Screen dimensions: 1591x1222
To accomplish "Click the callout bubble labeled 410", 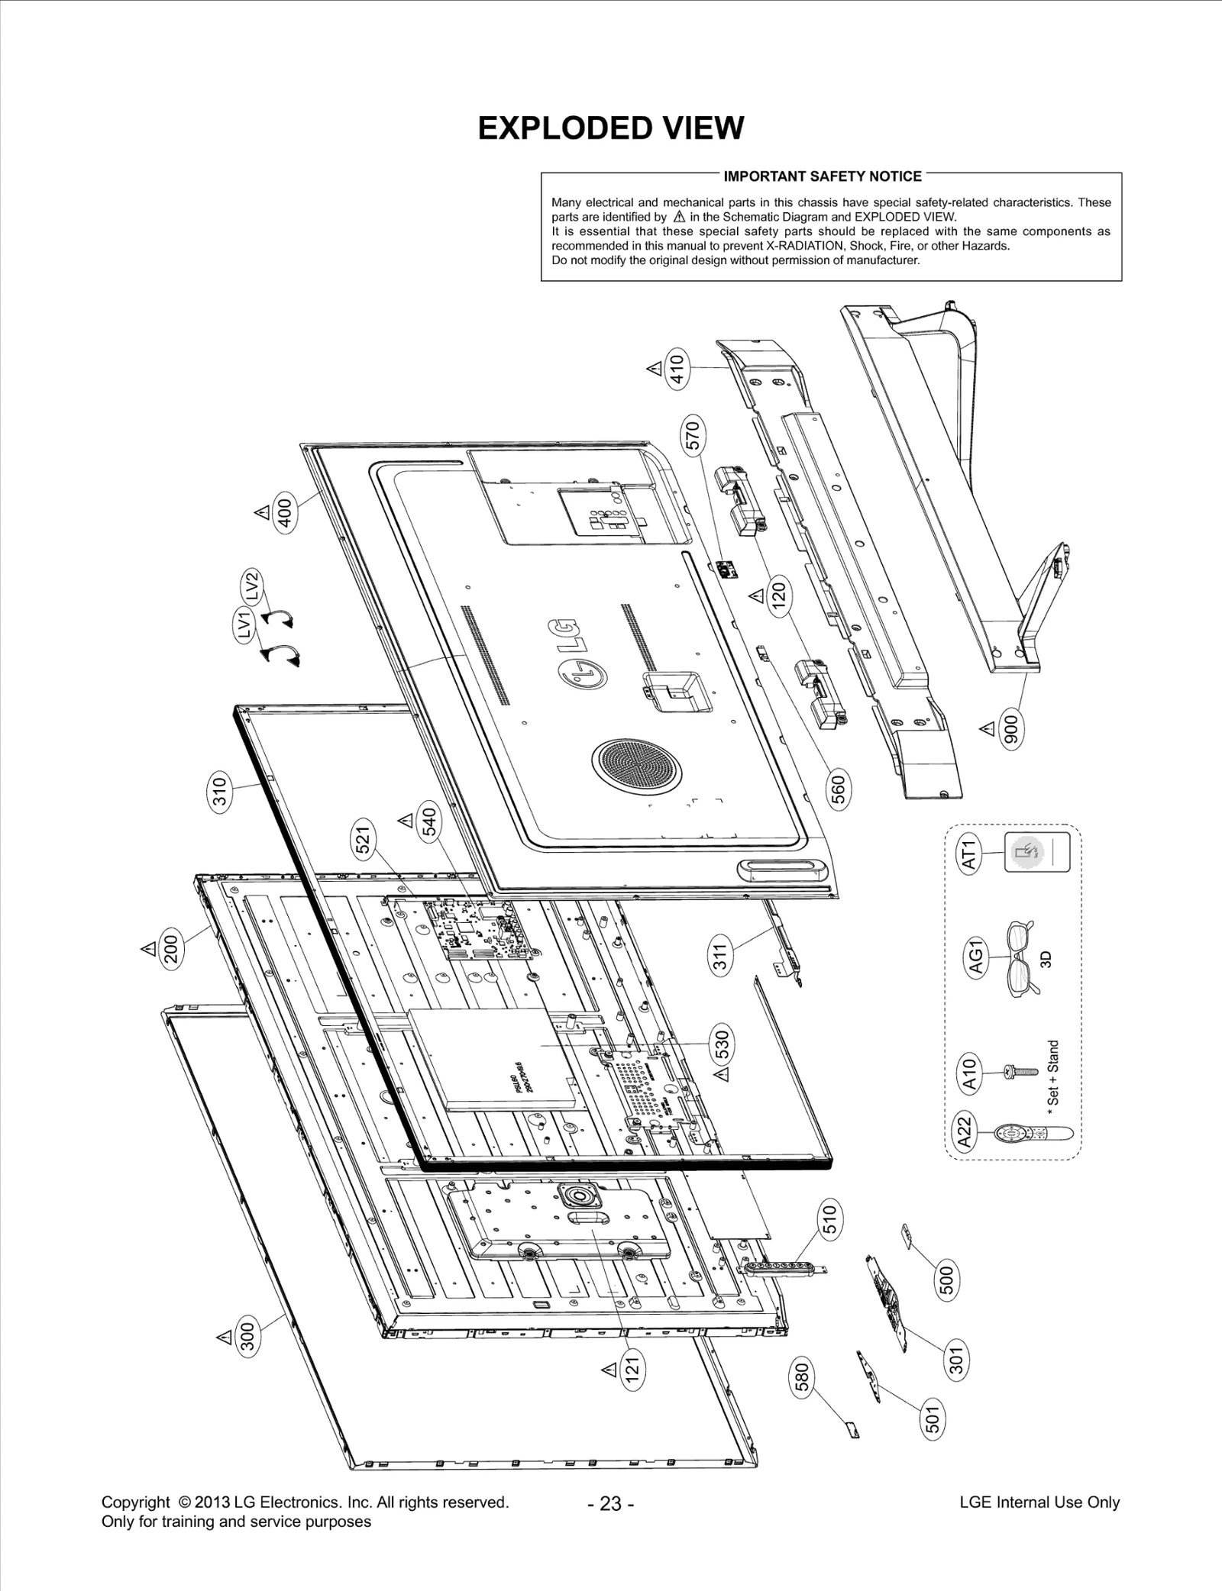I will coord(677,368).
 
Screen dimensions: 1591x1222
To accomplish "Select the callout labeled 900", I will coord(1012,730).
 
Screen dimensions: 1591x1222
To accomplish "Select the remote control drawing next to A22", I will coord(1033,1134).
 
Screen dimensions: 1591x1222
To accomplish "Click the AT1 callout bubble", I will coord(968,854).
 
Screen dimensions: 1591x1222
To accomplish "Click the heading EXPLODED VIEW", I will coord(610,128).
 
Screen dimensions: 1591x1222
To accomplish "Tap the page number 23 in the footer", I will coord(610,1503).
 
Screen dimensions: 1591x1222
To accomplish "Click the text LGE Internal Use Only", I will coord(1039,1502).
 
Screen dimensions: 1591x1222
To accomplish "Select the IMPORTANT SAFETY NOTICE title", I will coord(823,176).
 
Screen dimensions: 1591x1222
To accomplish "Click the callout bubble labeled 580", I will coord(802,1380).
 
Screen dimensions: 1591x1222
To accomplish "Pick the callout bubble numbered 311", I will coord(721,956).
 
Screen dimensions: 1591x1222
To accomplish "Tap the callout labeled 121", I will coord(632,1370).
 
